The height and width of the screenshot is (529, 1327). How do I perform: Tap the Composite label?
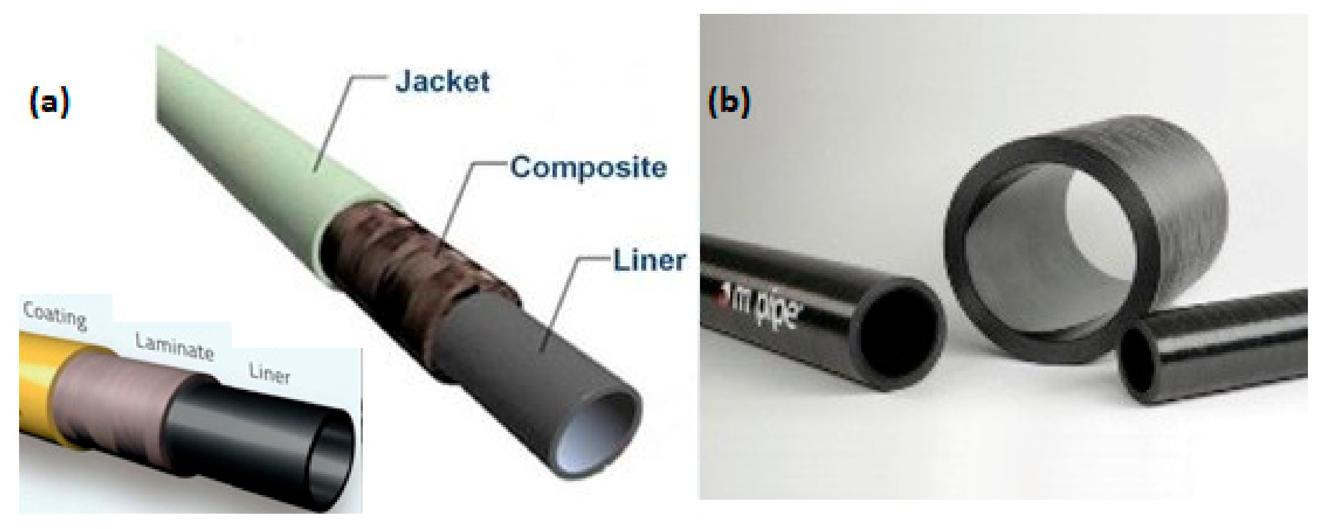tap(588, 168)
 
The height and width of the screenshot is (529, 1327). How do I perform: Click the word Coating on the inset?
tap(55, 314)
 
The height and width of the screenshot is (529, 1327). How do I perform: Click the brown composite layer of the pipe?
tap(407, 258)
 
